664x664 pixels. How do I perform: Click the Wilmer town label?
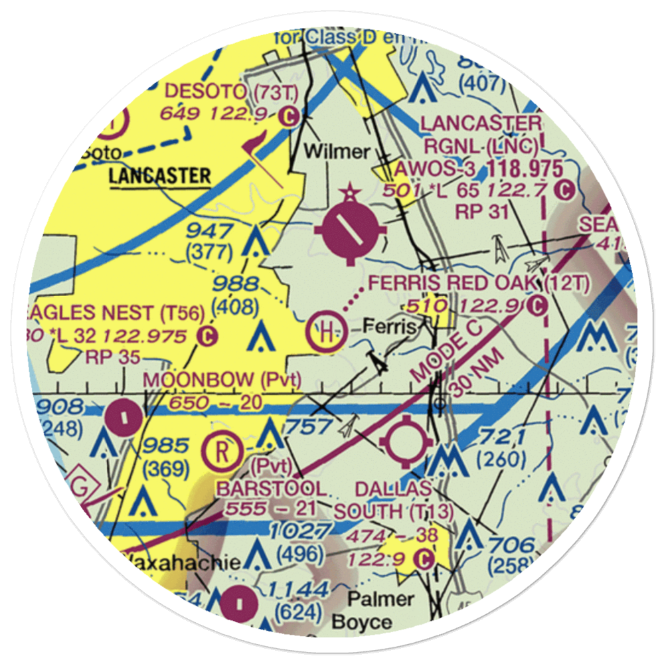point(337,152)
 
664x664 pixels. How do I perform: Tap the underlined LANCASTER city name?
point(159,177)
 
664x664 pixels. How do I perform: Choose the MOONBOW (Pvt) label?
point(222,380)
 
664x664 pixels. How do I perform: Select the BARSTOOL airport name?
point(272,489)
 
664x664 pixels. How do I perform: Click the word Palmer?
point(381,600)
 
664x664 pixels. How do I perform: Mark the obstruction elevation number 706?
point(512,546)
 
